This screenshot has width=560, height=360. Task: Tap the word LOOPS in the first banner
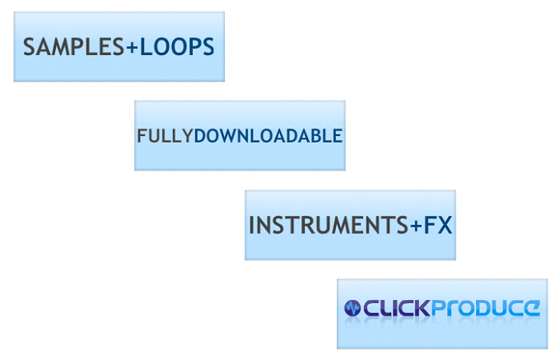(x=177, y=47)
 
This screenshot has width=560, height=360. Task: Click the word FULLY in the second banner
(x=165, y=136)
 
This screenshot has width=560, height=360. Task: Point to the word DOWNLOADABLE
(x=268, y=136)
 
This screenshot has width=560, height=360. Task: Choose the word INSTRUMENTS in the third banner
(x=329, y=225)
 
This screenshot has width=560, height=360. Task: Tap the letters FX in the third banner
(x=438, y=225)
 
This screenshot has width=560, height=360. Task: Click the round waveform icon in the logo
(x=352, y=308)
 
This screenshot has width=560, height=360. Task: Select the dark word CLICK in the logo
(x=397, y=308)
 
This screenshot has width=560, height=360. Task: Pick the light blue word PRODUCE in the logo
(x=486, y=308)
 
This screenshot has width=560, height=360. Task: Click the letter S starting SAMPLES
(x=30, y=47)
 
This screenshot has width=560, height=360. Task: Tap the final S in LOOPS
(x=208, y=47)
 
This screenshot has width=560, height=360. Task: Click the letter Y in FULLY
(x=187, y=136)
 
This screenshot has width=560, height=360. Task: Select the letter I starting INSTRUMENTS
(x=252, y=225)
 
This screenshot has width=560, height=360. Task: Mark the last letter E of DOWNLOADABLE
(x=338, y=136)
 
